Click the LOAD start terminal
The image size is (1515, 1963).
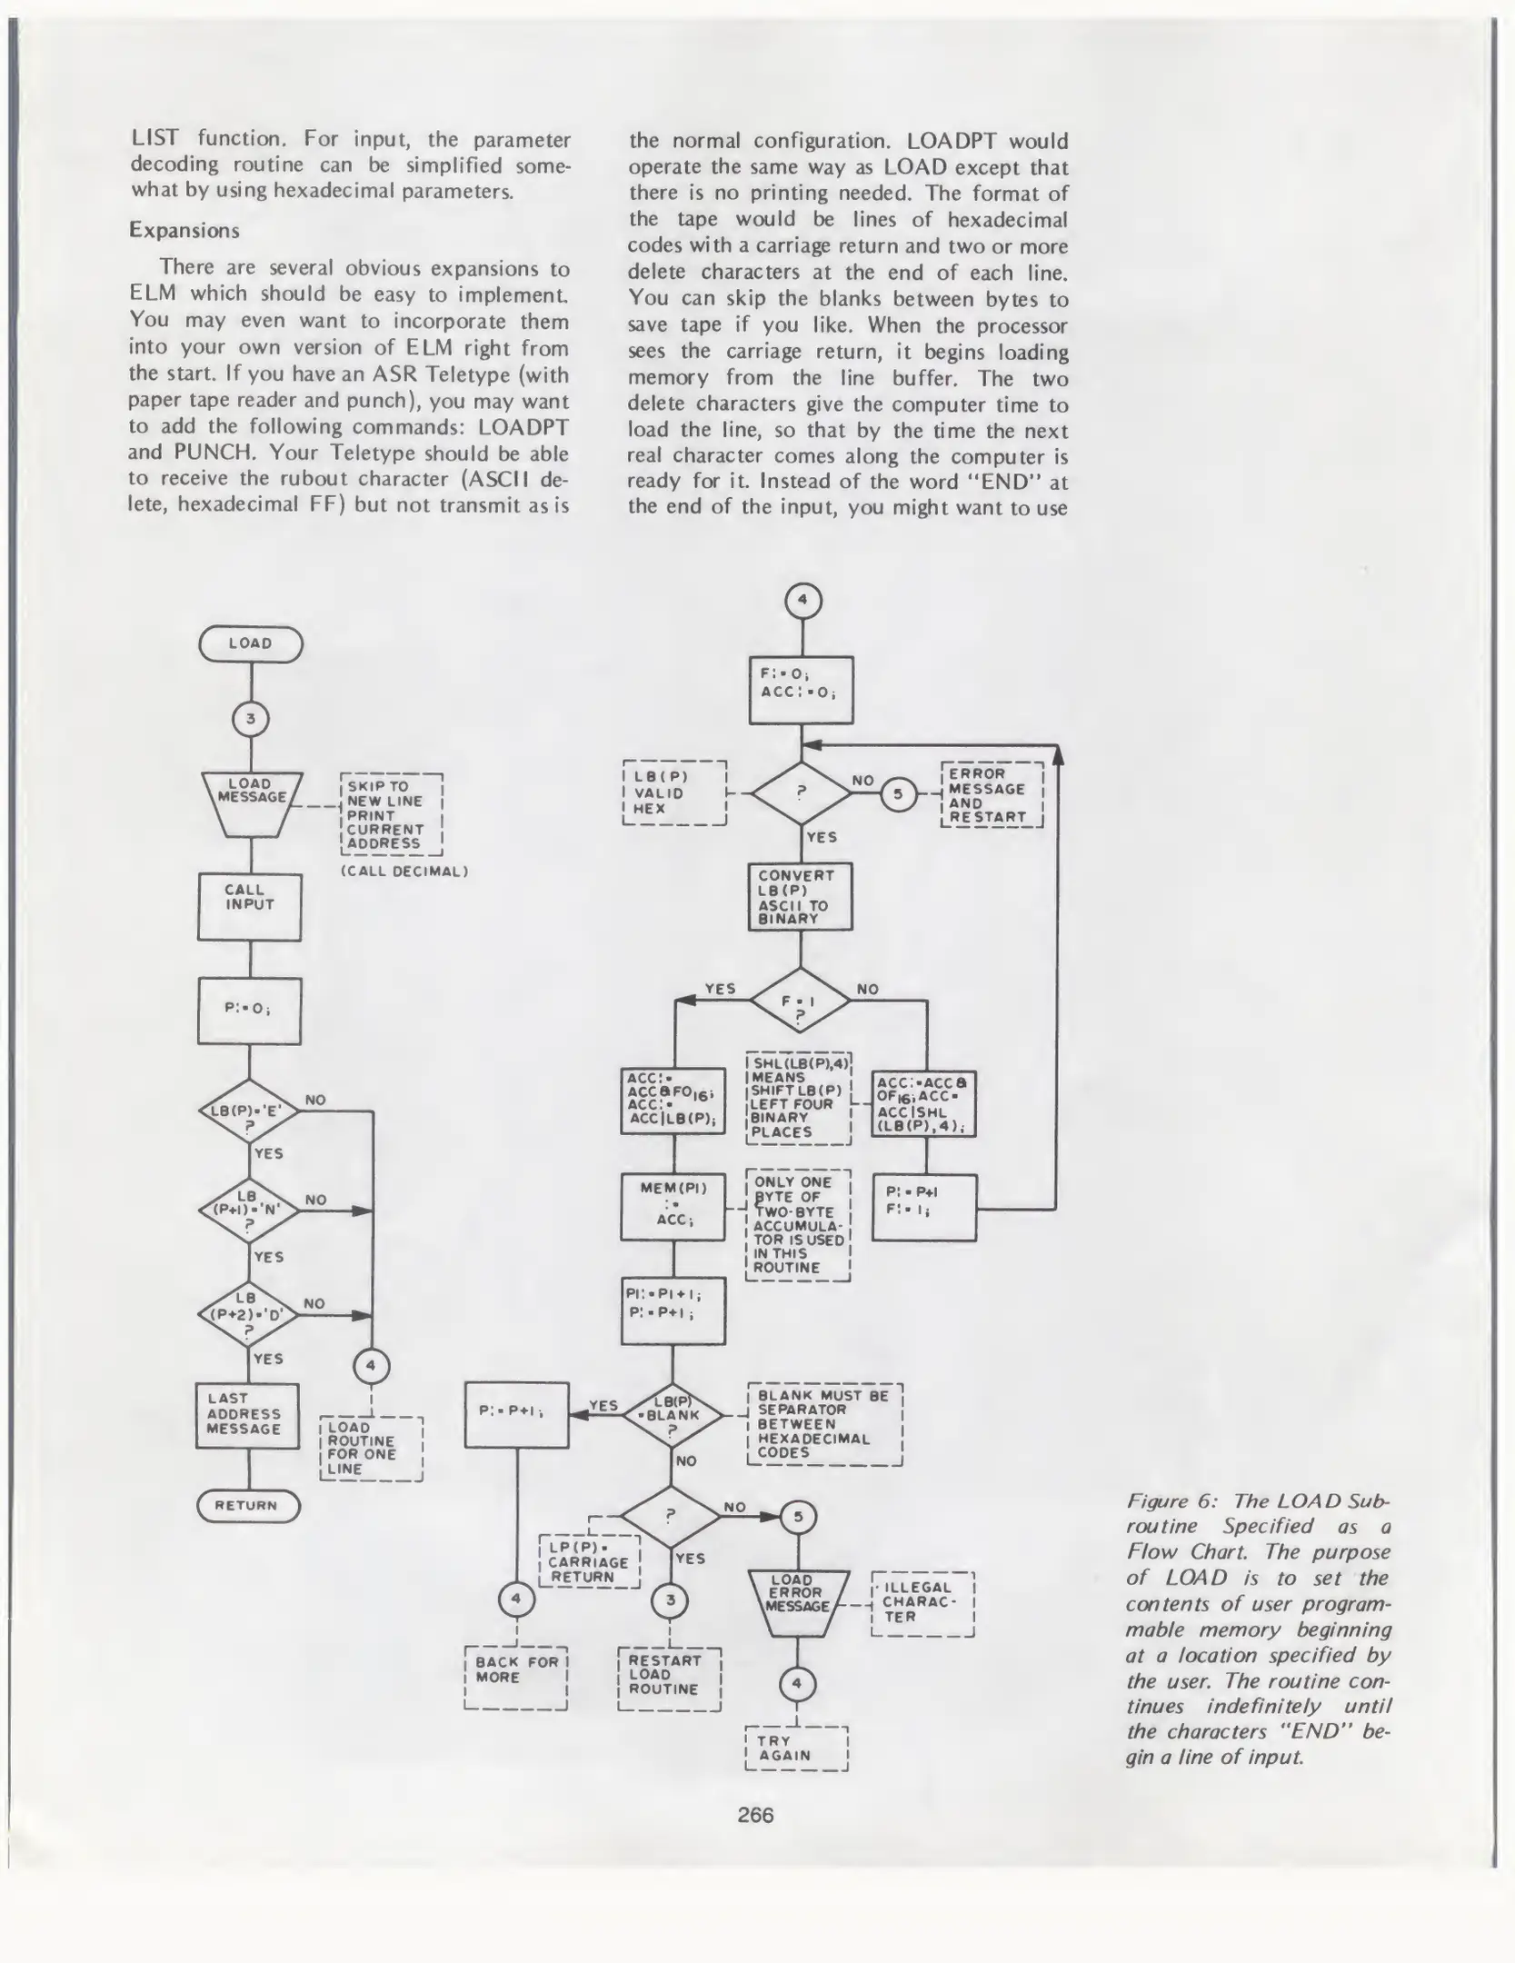pos(250,643)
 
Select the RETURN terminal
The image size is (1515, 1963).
pos(247,1505)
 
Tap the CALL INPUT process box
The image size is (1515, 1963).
pos(249,906)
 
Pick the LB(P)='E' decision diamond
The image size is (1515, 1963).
pos(249,1111)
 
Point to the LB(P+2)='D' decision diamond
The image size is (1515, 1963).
pos(247,1314)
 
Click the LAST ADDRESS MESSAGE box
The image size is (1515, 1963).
pos(246,1415)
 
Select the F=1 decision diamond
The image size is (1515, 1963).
pos(800,1000)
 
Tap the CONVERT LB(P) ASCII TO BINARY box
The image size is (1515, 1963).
pos(800,897)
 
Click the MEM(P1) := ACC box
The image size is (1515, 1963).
pos(673,1207)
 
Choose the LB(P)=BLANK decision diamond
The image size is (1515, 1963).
pos(673,1415)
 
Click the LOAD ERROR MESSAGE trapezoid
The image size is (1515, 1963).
pos(798,1602)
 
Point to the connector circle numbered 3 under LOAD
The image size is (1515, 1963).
pos(251,720)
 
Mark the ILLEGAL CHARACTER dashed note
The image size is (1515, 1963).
pos(922,1603)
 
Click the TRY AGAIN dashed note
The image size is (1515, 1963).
pos(795,1748)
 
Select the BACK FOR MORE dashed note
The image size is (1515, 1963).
pos(515,1677)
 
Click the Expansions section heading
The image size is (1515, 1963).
pos(184,230)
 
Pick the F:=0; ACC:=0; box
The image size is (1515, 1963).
pos(801,690)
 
